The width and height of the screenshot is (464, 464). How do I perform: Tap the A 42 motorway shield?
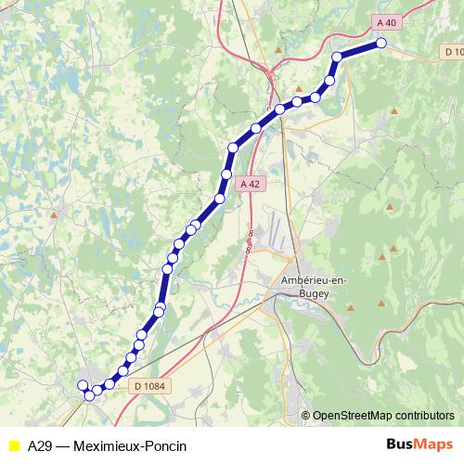coord(249,185)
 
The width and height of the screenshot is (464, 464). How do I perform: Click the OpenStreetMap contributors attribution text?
coord(383,416)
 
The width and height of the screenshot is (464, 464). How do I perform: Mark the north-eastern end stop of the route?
coord(380,44)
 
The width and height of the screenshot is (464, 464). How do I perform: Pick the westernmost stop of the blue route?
coord(83,384)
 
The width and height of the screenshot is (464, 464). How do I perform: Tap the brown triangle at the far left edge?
coord(53,215)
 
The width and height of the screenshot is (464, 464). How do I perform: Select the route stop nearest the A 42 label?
coord(226,174)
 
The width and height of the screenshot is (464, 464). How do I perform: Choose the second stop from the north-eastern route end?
coord(337,57)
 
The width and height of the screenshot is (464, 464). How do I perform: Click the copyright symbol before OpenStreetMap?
coord(305,416)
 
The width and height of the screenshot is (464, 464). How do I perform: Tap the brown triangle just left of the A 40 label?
coord(277,46)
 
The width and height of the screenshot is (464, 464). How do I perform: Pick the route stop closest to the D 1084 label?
coord(123,371)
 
